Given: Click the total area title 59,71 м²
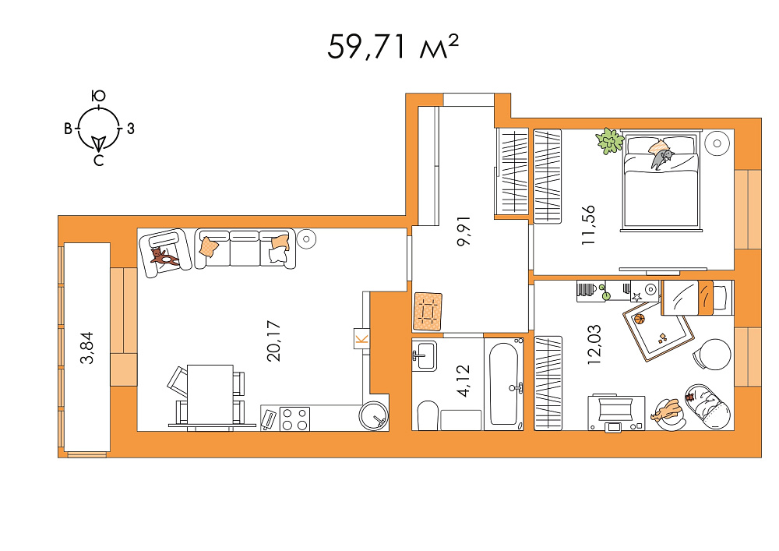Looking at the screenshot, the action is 393,47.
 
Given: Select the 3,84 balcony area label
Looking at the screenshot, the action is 87,348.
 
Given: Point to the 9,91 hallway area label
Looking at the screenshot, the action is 464,231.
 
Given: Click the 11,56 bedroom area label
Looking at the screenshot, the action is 588,225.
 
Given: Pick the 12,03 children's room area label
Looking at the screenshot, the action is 594,344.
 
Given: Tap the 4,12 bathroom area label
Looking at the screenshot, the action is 463,381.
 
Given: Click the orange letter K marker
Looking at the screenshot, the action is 361,339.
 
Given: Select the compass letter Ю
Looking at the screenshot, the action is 99,96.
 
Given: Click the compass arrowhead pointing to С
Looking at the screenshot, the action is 99,143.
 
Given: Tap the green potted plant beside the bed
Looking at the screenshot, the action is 610,141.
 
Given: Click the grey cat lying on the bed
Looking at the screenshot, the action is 661,158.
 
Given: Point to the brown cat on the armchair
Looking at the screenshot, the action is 164,257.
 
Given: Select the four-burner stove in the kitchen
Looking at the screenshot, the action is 294,419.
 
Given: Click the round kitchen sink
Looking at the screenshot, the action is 374,415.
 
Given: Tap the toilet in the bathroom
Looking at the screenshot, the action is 427,416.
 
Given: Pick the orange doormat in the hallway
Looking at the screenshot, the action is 427,312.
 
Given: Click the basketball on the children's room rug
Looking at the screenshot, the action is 640,319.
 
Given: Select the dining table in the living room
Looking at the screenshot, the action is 210,396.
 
